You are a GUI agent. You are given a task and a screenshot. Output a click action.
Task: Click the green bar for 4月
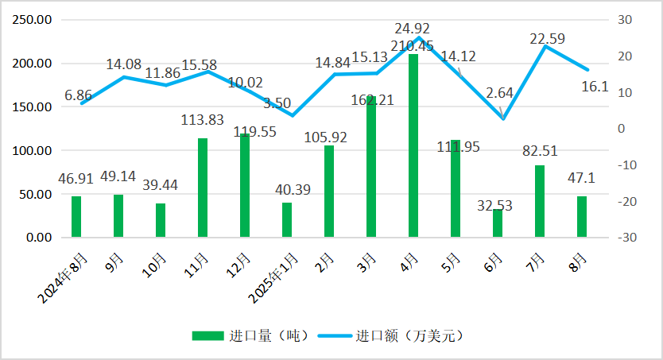413,145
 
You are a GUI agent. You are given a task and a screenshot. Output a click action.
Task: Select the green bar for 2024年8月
76,216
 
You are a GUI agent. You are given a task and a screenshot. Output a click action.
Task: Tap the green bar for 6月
498,223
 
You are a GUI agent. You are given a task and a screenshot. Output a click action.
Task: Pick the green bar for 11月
203,188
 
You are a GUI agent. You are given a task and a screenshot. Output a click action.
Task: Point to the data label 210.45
413,45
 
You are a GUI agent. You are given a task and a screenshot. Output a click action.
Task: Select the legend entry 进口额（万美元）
391,335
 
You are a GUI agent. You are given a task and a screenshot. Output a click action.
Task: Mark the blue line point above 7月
545,46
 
